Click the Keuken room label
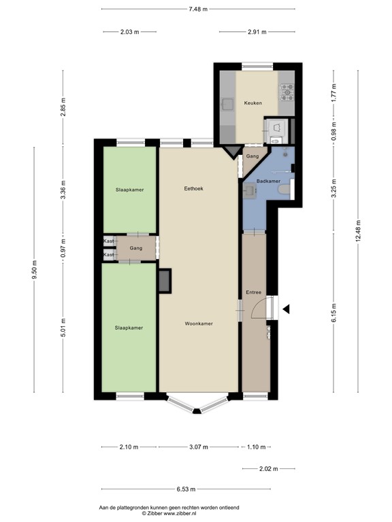252,103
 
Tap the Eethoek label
194,188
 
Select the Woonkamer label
199,324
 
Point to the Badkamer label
267,181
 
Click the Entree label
253,292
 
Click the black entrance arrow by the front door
287,309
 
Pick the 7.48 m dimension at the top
197,9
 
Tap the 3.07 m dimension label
198,447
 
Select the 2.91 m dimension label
257,32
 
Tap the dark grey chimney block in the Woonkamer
165,280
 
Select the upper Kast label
108,241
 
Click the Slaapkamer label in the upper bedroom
129,190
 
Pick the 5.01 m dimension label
63,328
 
